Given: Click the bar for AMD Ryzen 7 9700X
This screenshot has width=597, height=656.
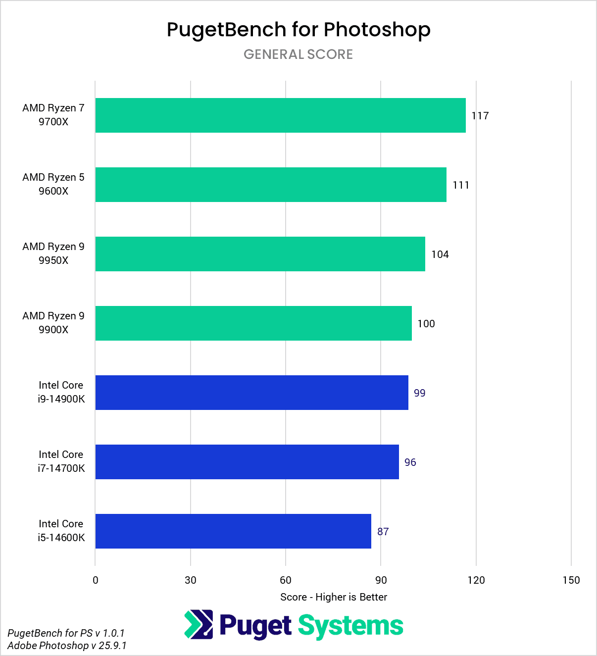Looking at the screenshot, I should tap(280, 115).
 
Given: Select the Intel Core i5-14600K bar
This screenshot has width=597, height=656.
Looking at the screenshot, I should tap(233, 531).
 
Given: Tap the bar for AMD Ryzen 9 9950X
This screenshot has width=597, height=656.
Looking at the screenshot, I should tap(260, 254).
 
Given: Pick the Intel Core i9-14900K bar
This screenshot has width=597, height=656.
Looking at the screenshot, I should tap(251, 393).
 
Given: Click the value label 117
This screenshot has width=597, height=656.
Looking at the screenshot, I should tap(480, 116).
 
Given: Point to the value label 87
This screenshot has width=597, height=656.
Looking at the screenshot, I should tap(383, 532).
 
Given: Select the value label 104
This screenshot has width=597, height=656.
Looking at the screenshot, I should tap(440, 254).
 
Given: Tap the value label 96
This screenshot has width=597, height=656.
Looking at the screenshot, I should tap(410, 462).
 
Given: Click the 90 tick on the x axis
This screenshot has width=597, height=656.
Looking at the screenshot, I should tap(381, 580).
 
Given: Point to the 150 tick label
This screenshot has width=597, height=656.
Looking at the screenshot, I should tap(571, 580).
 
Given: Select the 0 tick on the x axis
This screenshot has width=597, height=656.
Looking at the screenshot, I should tap(96, 580).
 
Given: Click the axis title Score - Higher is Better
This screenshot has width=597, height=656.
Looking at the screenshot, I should tap(334, 597).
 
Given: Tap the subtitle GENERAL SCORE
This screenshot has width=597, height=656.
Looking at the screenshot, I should tap(298, 54).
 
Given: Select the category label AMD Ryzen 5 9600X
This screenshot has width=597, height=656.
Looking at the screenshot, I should tap(53, 184).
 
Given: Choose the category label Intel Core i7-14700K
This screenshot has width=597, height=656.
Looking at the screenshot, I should tap(61, 461).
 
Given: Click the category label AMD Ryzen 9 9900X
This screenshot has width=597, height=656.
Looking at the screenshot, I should tap(53, 323).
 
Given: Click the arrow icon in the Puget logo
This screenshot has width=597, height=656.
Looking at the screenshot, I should tap(199, 624).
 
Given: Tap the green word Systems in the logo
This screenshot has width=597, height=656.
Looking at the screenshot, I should tap(350, 626).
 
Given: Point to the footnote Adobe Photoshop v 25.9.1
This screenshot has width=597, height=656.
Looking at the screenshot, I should tap(67, 646).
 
